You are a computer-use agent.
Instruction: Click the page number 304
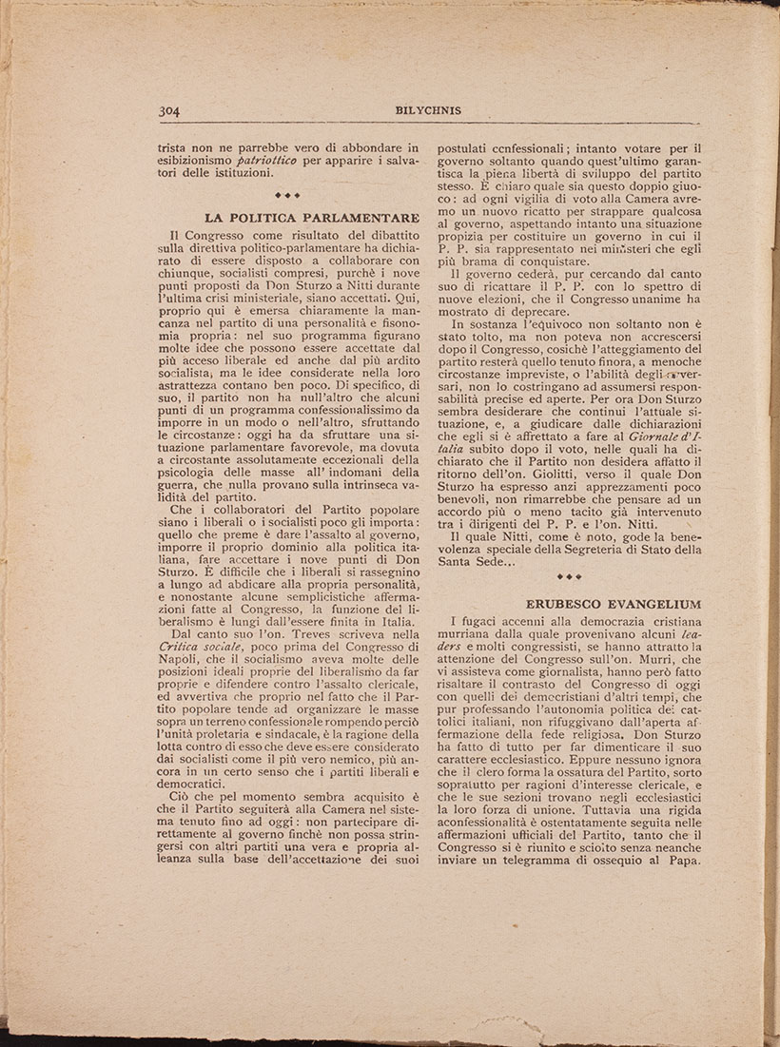[x=171, y=109]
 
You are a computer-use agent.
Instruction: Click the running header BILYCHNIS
[x=428, y=110]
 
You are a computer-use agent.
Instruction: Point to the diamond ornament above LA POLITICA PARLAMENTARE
[x=286, y=195]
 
